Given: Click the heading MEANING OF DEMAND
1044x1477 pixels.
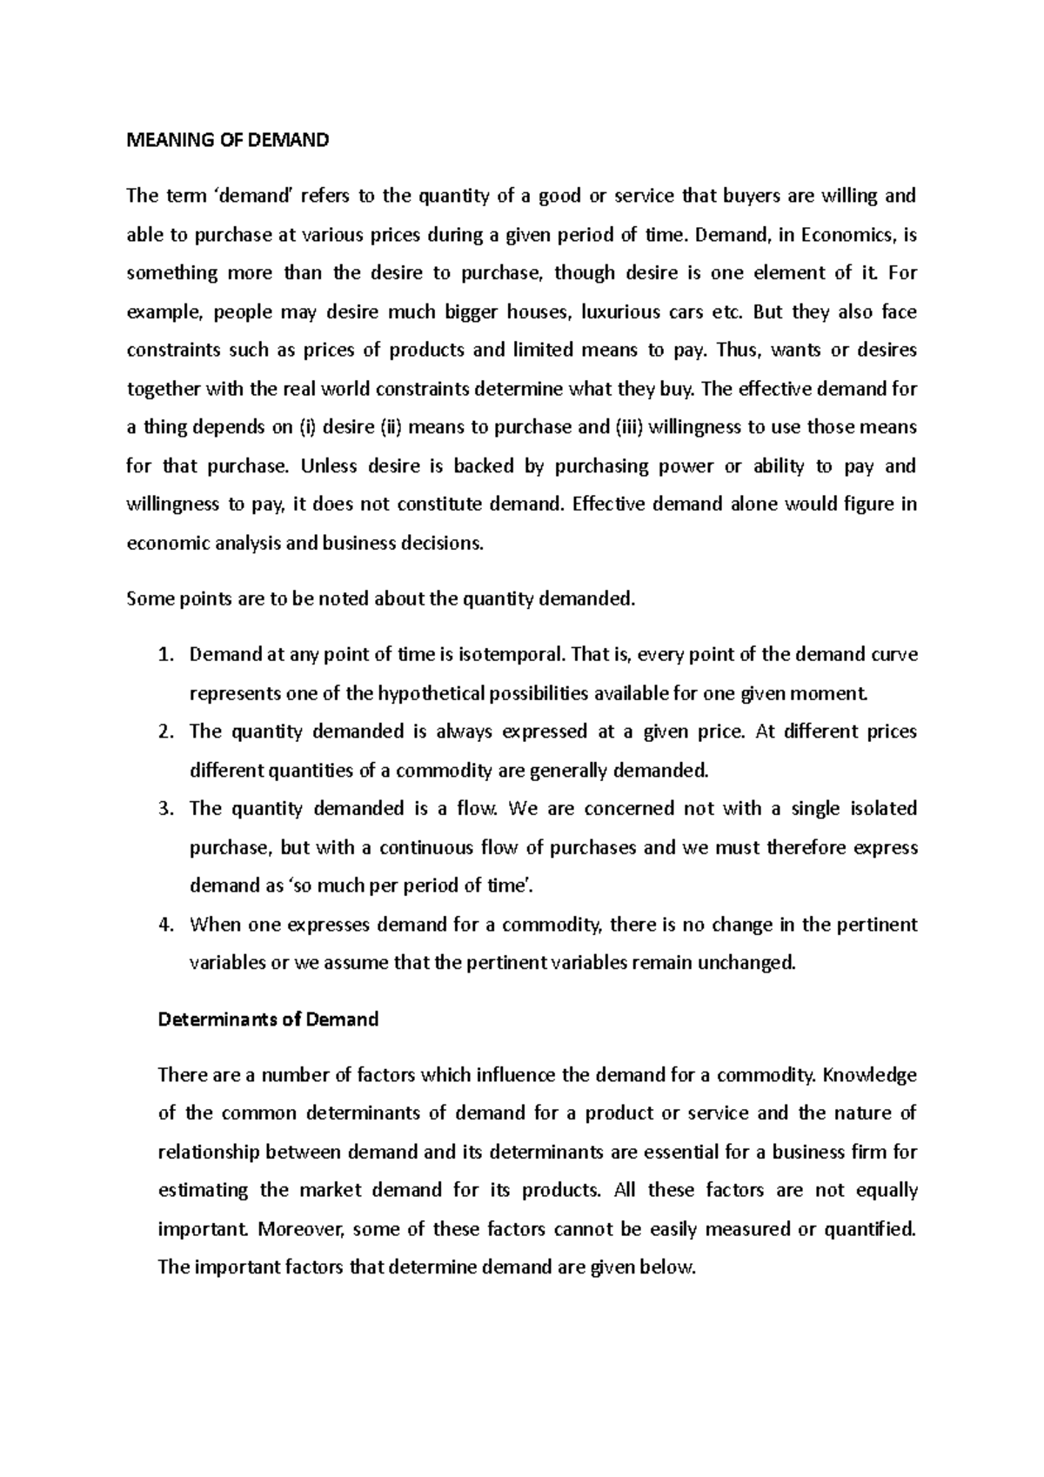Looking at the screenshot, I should (x=228, y=141).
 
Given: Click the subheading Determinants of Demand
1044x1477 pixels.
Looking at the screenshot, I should (x=268, y=1019).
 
